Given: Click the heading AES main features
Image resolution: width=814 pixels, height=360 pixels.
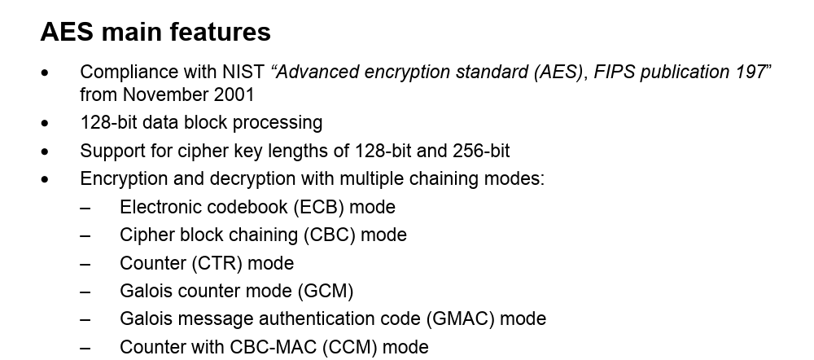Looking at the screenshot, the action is pos(155,32).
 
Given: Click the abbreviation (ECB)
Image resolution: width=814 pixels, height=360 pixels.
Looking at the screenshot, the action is pos(319,207).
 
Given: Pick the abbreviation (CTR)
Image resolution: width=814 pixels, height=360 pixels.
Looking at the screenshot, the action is pos(217,263).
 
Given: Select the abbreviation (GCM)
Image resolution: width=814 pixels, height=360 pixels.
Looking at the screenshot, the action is pos(326,291).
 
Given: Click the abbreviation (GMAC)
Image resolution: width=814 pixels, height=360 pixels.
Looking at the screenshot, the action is pos(460,318).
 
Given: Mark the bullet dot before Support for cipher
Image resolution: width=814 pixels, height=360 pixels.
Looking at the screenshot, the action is pos(45,152).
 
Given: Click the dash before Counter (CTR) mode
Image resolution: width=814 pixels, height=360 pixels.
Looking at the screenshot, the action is pos(85,264).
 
